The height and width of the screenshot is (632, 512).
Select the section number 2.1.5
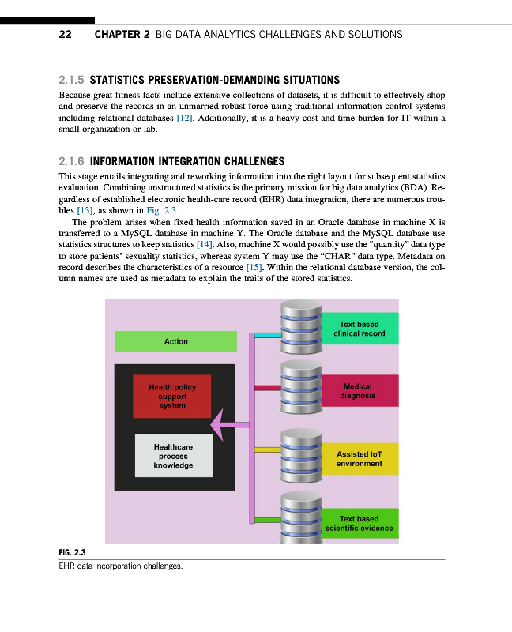[x=72, y=80]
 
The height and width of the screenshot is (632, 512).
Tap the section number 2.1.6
[x=72, y=160]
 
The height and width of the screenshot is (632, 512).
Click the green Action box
[x=175, y=341]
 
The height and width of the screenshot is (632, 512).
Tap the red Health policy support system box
[x=172, y=397]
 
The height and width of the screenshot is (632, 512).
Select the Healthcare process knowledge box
[x=173, y=456]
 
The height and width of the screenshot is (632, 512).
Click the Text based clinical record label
[x=359, y=329]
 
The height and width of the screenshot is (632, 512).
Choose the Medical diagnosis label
[x=359, y=391]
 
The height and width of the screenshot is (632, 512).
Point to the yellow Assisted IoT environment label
[x=359, y=459]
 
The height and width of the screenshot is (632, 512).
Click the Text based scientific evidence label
[x=359, y=524]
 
